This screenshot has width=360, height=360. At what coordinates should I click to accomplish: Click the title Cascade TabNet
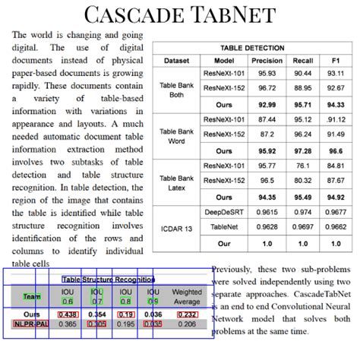pyautogui.click(x=180, y=14)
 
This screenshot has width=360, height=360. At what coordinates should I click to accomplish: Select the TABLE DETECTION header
pyautogui.click(x=253, y=47)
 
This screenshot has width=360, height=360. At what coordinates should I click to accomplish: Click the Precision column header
pyautogui.click(x=267, y=61)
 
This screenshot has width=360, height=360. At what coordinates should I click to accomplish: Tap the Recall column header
pyautogui.click(x=303, y=61)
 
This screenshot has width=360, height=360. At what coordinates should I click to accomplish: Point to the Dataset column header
pyautogui.click(x=176, y=61)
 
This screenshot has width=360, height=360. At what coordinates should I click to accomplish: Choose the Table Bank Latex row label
pyautogui.click(x=176, y=182)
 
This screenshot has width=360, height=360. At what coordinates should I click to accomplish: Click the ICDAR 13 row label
pyautogui.click(x=176, y=228)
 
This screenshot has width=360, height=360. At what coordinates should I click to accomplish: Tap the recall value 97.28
pyautogui.click(x=303, y=150)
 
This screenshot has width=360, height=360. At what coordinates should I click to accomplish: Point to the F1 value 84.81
pyautogui.click(x=336, y=166)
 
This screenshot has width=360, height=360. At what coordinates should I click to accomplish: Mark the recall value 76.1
pyautogui.click(x=303, y=166)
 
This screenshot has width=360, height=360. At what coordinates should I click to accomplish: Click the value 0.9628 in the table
pyautogui.click(x=267, y=226)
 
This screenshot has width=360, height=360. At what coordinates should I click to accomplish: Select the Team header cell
pyautogui.click(x=32, y=296)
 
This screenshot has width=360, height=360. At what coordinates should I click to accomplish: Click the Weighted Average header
pyautogui.click(x=187, y=296)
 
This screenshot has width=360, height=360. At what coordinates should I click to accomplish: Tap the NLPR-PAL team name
pyautogui.click(x=30, y=324)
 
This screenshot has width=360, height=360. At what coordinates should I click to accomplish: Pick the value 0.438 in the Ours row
pyautogui.click(x=68, y=314)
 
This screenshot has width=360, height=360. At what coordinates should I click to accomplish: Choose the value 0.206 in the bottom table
pyautogui.click(x=187, y=324)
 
